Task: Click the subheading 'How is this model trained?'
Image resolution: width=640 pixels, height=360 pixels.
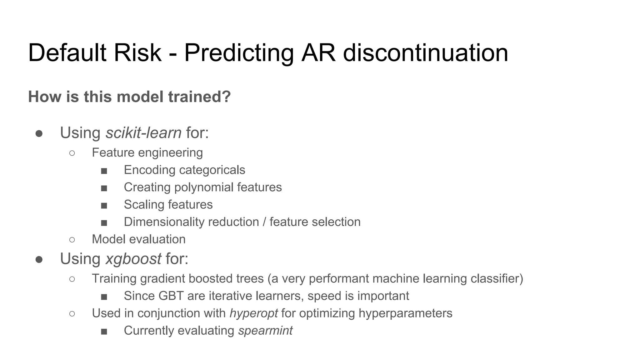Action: point(129,97)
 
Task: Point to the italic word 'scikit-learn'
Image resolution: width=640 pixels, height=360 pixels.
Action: point(143,133)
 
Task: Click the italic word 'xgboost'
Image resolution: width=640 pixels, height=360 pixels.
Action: point(133,259)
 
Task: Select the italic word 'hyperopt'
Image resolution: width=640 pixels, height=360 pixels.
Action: point(253,313)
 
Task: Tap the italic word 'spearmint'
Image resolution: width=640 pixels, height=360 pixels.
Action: point(265,331)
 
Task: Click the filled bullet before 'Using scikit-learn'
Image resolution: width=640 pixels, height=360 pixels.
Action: point(39,134)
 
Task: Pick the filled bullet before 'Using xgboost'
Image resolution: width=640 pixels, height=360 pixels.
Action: point(39,260)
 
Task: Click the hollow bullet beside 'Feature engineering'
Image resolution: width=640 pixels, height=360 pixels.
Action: point(72,153)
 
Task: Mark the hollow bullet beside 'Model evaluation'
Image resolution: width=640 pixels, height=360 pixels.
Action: point(72,240)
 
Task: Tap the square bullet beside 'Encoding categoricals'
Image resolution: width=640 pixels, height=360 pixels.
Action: point(104,171)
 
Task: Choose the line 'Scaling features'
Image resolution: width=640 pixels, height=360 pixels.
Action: point(168,205)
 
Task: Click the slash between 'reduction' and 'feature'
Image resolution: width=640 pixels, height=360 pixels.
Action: point(264,222)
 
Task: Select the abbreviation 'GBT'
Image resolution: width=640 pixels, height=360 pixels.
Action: point(171,296)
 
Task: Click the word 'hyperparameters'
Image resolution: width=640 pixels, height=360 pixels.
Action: point(405,313)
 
